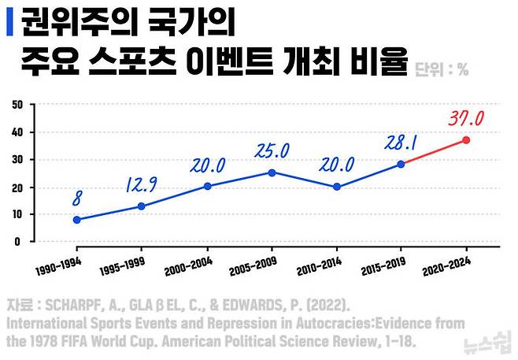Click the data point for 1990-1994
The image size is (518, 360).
pyautogui.click(x=77, y=220)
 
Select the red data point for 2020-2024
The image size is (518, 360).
pyautogui.click(x=466, y=140)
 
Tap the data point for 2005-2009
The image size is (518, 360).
pyautogui.click(x=272, y=173)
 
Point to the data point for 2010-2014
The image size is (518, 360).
pyautogui.click(x=337, y=187)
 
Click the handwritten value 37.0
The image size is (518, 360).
pyautogui.click(x=466, y=118)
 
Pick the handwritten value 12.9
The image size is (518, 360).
pyautogui.click(x=142, y=185)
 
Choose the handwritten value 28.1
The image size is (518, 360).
pyautogui.click(x=401, y=143)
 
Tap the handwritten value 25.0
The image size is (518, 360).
pyautogui.click(x=272, y=150)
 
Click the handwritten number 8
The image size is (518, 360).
pyautogui.click(x=77, y=199)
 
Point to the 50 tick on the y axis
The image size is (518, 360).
pyautogui.click(x=17, y=105)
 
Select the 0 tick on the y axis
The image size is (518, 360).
pyautogui.click(x=17, y=242)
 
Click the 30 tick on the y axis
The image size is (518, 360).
pyautogui.click(x=17, y=160)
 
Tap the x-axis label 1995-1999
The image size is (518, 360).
pyautogui.click(x=122, y=266)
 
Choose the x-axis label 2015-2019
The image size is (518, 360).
pyautogui.click(x=383, y=266)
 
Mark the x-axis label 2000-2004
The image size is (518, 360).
pyautogui.click(x=188, y=266)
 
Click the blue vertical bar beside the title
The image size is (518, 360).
pyautogui.click(x=10, y=22)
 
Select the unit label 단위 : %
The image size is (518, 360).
pyautogui.click(x=442, y=69)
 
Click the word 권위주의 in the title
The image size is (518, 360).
pyautogui.click(x=80, y=22)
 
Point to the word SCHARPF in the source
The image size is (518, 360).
pyautogui.click(x=72, y=305)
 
